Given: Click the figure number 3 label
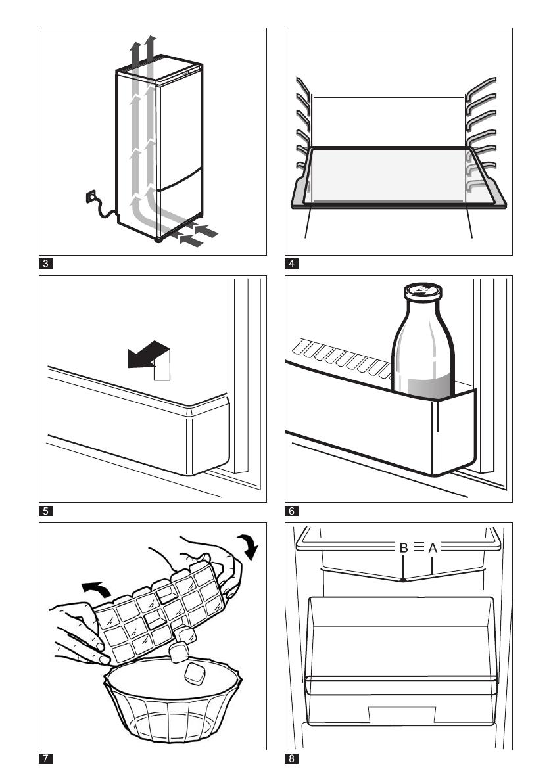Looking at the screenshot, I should click(x=46, y=265).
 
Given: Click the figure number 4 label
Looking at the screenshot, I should click(x=292, y=265).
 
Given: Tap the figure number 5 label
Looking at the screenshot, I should click(x=46, y=510).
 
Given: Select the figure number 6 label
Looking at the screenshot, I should click(x=292, y=510).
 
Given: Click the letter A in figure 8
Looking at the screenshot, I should click(x=433, y=547).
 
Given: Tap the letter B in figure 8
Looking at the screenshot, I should click(x=404, y=547).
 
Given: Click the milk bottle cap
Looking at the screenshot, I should click(x=418, y=290).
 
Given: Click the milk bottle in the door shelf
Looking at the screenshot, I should click(x=421, y=348).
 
